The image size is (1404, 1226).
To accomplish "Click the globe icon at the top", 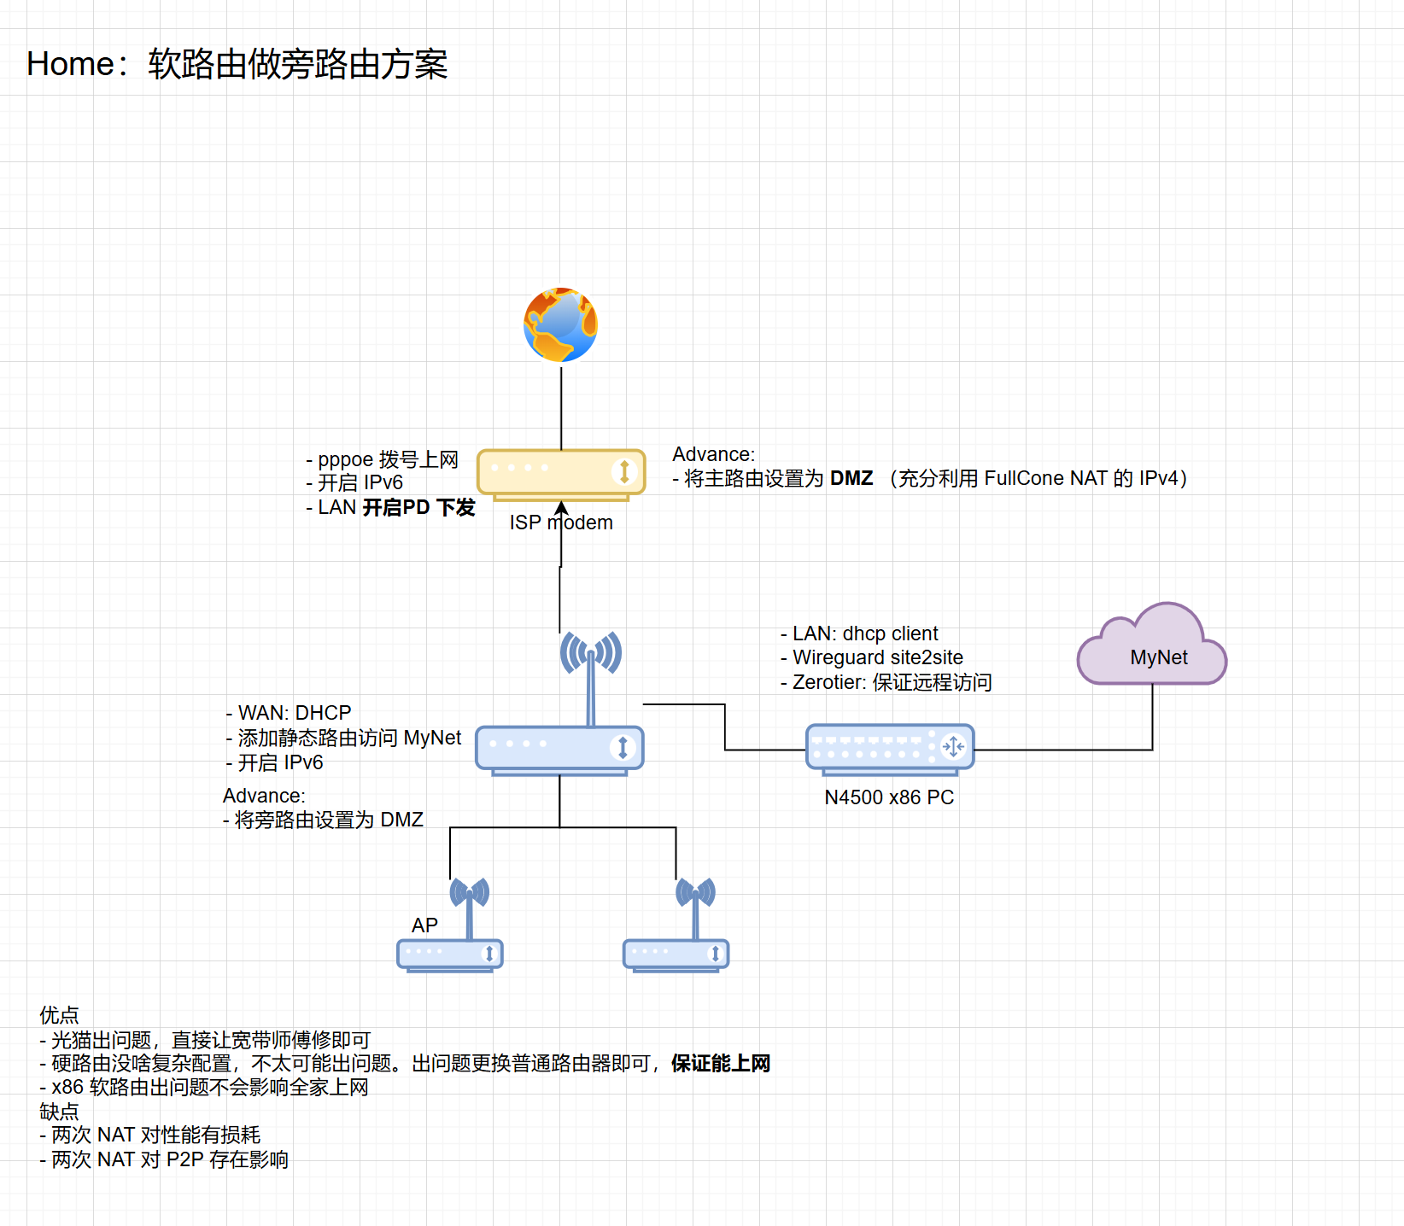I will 560,324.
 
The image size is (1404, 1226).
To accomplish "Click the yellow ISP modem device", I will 561,472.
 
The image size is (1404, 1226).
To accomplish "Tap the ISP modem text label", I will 561,523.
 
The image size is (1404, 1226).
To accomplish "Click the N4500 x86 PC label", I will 889,797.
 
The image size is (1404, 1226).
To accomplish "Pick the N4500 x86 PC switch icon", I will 890,748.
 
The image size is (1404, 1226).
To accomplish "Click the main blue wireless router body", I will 559,749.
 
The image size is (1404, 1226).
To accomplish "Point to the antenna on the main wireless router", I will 590,666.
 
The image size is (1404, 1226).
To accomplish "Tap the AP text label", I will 424,925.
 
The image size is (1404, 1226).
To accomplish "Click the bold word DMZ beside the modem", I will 851,478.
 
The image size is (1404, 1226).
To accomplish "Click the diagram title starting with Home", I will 237,64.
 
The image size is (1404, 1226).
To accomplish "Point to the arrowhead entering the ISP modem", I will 561,508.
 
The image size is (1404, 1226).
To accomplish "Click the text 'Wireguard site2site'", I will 877,657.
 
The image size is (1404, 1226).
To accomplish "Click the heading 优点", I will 59,1015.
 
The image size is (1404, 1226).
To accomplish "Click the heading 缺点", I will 59,1112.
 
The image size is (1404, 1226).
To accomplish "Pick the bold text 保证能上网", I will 721,1064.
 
